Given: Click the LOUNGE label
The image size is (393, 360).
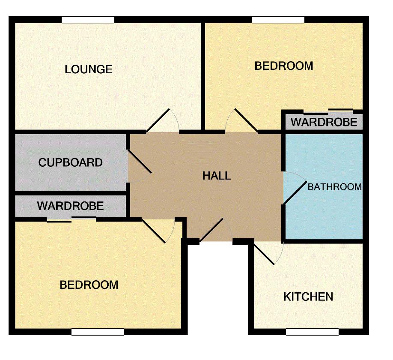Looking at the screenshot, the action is [89, 69].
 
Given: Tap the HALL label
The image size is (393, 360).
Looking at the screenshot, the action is [217, 176].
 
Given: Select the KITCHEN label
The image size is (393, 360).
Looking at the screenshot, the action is [308, 297].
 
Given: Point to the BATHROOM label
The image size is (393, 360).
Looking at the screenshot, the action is [335, 187].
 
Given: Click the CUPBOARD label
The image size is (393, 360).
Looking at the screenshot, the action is [71, 162].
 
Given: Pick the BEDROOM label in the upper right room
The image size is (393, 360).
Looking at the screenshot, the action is [284, 66].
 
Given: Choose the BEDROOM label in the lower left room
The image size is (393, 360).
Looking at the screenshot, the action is [89, 285].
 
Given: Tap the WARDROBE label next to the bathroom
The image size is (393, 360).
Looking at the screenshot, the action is [324, 122].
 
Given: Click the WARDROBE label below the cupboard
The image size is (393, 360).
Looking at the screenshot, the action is [71, 206].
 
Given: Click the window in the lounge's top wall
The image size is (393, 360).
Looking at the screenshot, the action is [88, 20].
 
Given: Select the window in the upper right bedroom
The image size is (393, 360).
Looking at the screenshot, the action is [278, 20].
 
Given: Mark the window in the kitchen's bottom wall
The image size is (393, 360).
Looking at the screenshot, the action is [312, 332].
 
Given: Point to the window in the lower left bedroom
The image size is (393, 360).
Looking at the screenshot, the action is [98, 332].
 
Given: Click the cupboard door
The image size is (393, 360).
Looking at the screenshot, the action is [140, 162].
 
